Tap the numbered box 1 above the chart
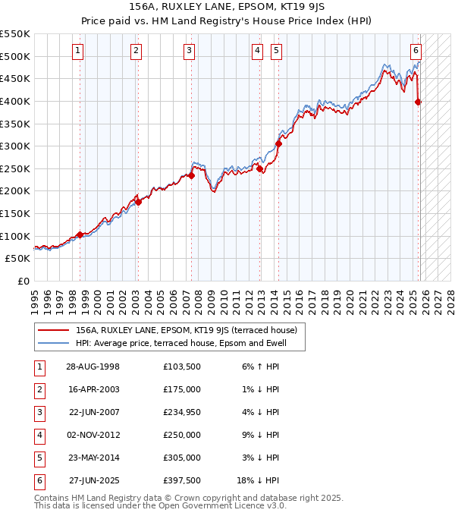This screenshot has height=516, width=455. tap(79, 51)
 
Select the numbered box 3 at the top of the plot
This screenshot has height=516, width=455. tap(189, 51)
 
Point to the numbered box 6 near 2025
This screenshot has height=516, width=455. tap(416, 51)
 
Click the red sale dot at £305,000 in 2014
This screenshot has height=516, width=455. tap(278, 143)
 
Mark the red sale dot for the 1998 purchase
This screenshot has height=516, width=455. tap(80, 234)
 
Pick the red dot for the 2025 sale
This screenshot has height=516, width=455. tap(419, 102)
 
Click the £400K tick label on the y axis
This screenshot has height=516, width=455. tap(15, 101)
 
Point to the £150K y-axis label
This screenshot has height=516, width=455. tap(15, 213)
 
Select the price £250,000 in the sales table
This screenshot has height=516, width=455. tap(182, 435)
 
